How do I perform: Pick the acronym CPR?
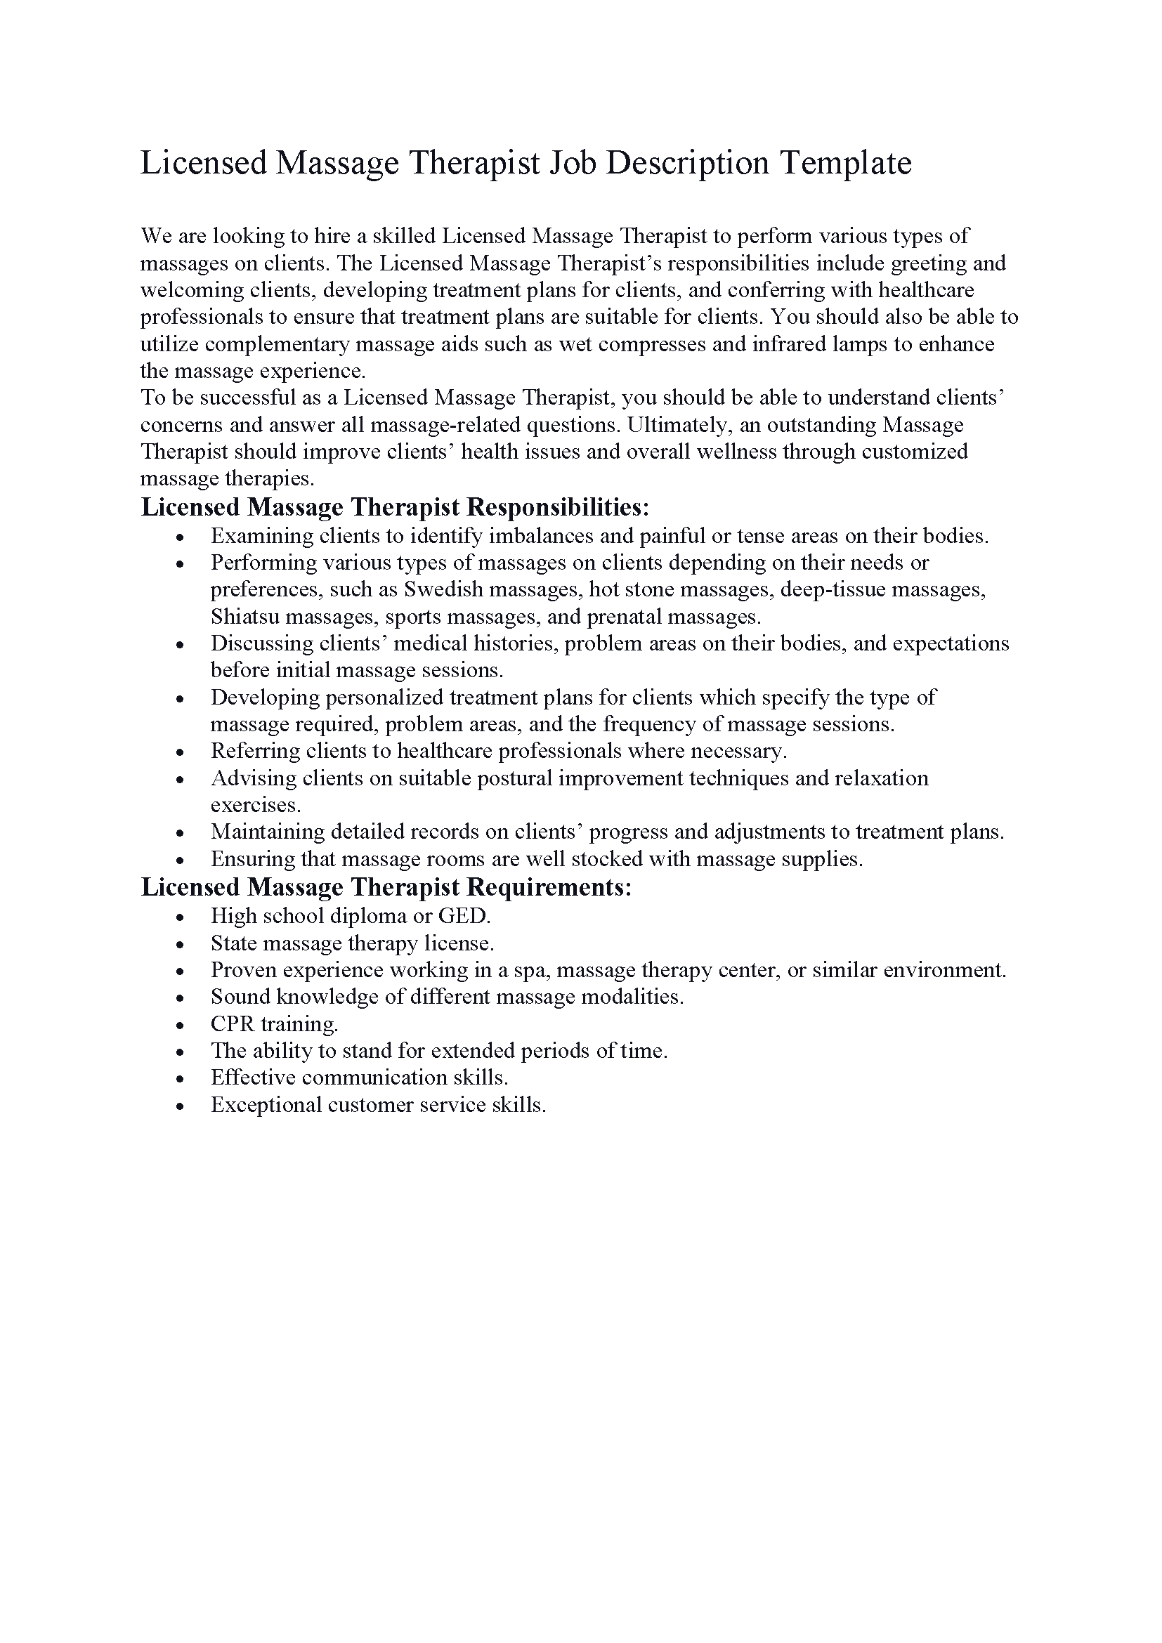[x=232, y=1024]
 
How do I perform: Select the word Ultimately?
[x=679, y=425]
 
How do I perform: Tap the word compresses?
[x=652, y=344]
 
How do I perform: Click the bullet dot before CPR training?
[x=181, y=1026]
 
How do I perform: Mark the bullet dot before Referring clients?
[x=181, y=752]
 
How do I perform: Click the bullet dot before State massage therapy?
[x=181, y=945]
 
